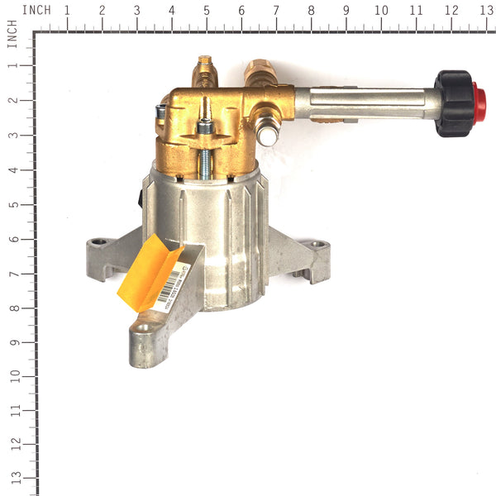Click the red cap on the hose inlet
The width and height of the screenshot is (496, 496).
478,103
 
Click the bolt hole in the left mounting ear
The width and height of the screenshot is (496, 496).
100,242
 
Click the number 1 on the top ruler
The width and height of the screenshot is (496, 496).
67,11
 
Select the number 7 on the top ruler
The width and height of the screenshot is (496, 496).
276,11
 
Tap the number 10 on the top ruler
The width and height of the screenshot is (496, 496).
381,11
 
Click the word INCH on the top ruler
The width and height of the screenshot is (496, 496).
36,10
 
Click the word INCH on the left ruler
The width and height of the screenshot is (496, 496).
12,38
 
